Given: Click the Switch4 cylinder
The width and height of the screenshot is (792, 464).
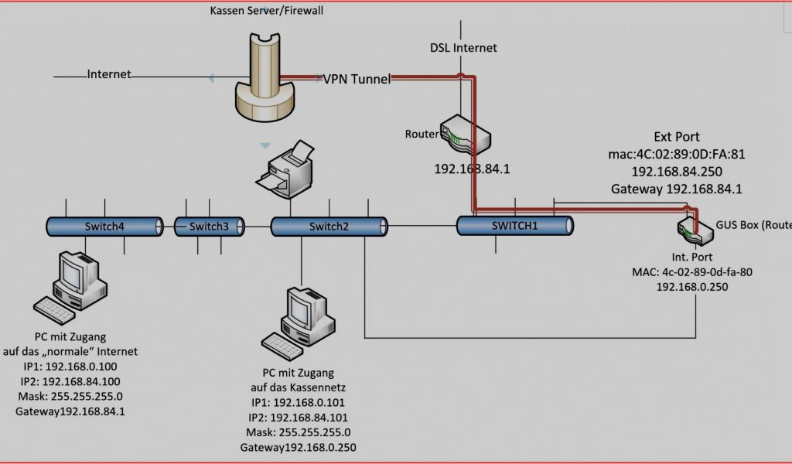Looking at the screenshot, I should tap(104, 226).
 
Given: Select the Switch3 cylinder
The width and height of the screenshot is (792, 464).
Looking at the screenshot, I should tap(209, 226).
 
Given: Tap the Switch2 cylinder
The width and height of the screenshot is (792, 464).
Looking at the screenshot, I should tap(329, 226).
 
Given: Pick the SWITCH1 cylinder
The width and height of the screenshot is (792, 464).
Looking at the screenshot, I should tap(514, 225).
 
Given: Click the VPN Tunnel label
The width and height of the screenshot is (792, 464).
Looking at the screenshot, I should tap(357, 79).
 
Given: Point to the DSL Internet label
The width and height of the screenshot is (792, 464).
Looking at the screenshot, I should tap(463, 48).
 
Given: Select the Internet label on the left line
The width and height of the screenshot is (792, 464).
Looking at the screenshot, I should tap(109, 74).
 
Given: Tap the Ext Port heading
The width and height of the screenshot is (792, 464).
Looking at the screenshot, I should tap(677, 137).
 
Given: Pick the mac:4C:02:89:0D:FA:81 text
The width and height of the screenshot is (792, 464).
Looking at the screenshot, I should tap(677, 154).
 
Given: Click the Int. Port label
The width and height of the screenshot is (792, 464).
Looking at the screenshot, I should tap(692, 256).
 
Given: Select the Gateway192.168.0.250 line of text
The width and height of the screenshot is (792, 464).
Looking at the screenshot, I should tap(298, 447).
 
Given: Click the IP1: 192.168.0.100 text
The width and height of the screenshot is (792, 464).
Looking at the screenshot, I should tap(71, 367).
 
